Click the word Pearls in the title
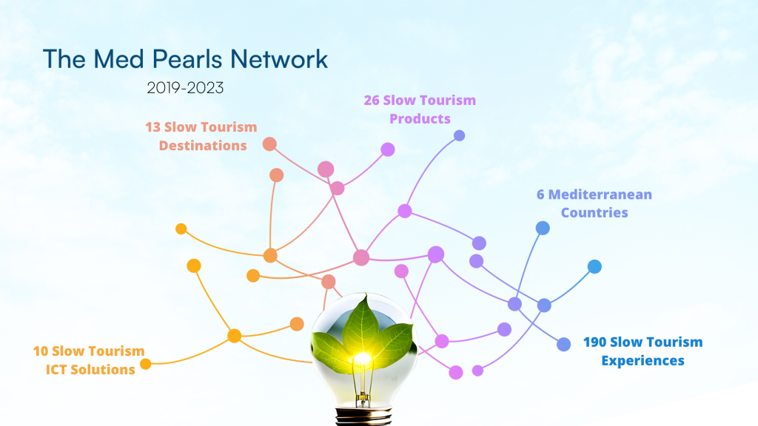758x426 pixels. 187,59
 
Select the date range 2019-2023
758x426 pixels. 185,88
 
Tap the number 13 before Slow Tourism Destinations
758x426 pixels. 152,127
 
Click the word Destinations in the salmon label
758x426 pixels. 203,146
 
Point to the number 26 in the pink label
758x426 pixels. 372,100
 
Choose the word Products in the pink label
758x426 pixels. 420,118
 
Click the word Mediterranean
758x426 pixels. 600,195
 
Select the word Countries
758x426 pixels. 594,212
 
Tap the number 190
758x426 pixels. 594,342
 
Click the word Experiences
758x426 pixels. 643,360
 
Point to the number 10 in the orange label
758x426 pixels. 41,351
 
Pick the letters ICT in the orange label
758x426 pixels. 56,370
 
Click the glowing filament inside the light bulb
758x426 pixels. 363,359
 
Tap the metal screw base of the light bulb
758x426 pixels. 363,416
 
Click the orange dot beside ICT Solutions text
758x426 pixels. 146,364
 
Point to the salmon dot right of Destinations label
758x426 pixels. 269,144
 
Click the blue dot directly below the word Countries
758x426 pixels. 543,228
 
